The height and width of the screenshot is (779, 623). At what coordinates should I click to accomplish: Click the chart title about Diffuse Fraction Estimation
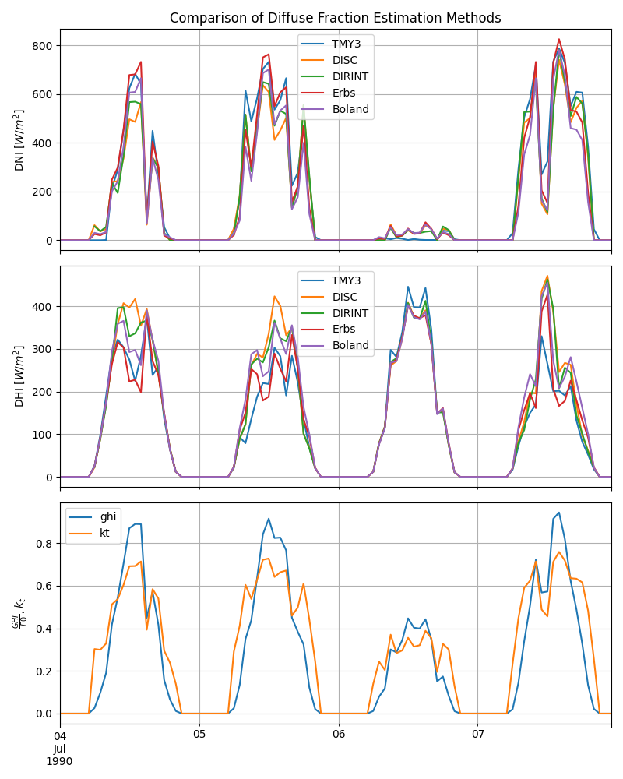point(335,18)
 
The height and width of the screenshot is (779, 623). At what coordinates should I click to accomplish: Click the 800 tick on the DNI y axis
point(42,46)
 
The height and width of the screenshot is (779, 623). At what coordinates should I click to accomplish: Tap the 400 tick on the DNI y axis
point(42,143)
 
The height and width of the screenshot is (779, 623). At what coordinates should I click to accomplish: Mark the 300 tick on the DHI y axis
point(42,350)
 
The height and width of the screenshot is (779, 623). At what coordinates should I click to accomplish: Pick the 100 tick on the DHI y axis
point(42,435)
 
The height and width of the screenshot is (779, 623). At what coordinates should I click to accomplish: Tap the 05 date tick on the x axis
point(199,735)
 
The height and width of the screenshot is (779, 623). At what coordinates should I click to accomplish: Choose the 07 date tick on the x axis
point(477,735)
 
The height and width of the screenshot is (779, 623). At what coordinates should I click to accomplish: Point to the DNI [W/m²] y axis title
point(19,140)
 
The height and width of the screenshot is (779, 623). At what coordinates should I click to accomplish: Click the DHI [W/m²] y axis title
point(19,376)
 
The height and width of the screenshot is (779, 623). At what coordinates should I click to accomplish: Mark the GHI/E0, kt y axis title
point(17,614)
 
